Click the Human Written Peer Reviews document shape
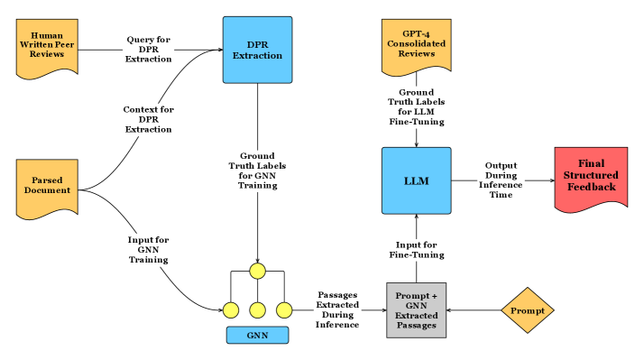coord(47,47)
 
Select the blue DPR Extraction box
coord(257,50)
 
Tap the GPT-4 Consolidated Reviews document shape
coord(416,46)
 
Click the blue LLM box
coord(416,180)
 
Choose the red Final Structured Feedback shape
coord(591,178)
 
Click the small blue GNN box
coord(257,336)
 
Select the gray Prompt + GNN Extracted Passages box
coord(416,310)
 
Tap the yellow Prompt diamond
coord(528,310)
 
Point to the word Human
coord(47,35)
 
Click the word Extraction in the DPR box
coord(258,56)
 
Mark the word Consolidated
coord(416,44)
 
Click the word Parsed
coord(47,180)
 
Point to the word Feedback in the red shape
coord(592,187)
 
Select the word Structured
coord(592,175)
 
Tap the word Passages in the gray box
coord(417,325)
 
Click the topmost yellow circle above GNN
coord(257,271)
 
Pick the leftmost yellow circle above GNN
coord(231,310)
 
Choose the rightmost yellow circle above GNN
coord(284,310)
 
